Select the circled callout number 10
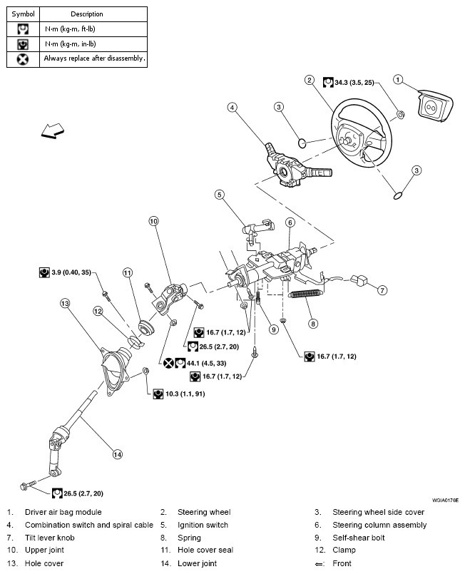153,221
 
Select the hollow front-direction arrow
52,130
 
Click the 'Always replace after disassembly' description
94,58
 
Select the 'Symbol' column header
23,14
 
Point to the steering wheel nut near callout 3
399,113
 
